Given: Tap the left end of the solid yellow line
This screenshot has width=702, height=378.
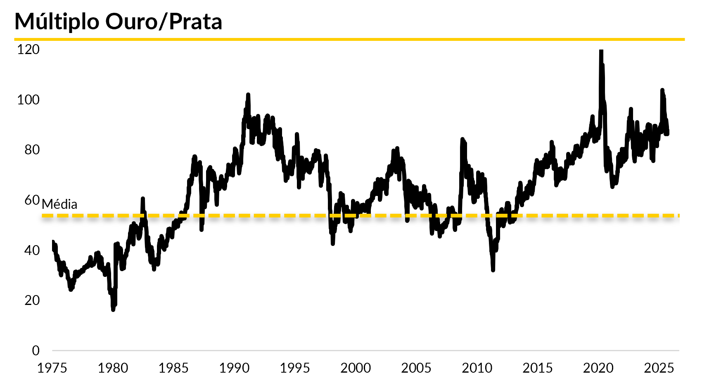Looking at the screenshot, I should pyautogui.click(x=14, y=40).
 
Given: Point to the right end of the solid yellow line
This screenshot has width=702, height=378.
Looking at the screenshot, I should pyautogui.click(x=684, y=40).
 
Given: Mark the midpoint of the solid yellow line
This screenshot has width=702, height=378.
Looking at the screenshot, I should pyautogui.click(x=349, y=40).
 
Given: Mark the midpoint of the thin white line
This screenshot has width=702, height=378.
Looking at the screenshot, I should pyautogui.click(x=365, y=350).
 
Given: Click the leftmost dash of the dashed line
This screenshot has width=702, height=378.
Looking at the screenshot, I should pyautogui.click(x=47, y=215).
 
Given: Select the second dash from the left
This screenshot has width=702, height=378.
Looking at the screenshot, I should pyautogui.click(x=63, y=215).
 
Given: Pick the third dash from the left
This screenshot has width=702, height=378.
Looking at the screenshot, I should pyautogui.click(x=78, y=215).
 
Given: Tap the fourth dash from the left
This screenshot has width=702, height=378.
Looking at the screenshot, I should pyautogui.click(x=93, y=215).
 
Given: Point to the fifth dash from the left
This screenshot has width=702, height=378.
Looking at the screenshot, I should pyautogui.click(x=108, y=215).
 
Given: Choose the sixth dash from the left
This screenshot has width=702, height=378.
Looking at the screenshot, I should pyautogui.click(x=123, y=215).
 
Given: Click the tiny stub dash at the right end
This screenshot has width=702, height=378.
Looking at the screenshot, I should pyautogui.click(x=678, y=215).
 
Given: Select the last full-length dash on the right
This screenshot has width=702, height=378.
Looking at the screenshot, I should pyautogui.click(x=668, y=215).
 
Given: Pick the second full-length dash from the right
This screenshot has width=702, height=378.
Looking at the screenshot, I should pyautogui.click(x=653, y=215).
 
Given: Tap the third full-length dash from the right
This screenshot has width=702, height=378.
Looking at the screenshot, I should pyautogui.click(x=638, y=215).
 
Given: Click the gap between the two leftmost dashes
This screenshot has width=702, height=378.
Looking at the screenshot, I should pyautogui.click(x=55, y=215).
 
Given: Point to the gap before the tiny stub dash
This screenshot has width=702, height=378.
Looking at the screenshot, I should pyautogui.click(x=676, y=215).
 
